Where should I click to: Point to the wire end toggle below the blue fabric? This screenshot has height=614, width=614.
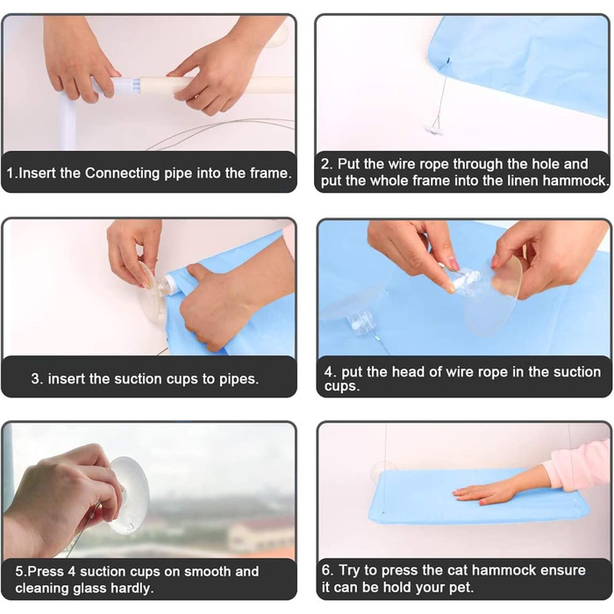click(x=434, y=129)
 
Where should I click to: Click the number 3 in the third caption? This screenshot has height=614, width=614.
click(x=35, y=379)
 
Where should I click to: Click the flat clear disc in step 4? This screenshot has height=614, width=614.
click(x=493, y=295)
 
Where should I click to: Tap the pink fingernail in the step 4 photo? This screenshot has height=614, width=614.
click(x=453, y=264)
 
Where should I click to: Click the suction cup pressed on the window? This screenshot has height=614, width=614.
click(x=129, y=495)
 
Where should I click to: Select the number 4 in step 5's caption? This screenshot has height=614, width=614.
click(x=72, y=571)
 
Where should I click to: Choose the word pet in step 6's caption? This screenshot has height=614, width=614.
click(x=461, y=588)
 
